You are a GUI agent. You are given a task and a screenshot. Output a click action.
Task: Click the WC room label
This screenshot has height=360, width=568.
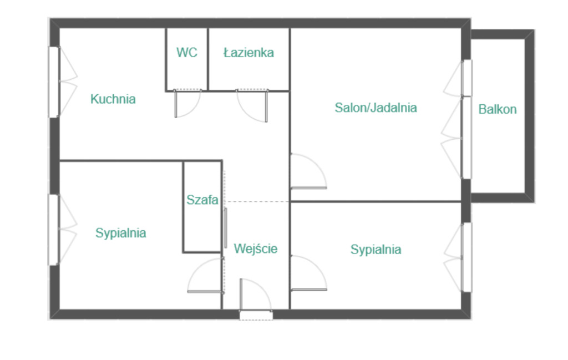187,53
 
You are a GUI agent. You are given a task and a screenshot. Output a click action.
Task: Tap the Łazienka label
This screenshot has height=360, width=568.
248,53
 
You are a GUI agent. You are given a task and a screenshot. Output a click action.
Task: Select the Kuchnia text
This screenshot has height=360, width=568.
113,99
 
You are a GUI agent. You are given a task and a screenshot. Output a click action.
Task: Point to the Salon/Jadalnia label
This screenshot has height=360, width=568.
376,108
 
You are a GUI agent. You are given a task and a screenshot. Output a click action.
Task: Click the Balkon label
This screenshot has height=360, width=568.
498,109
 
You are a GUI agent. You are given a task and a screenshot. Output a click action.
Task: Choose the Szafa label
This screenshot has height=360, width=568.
202,200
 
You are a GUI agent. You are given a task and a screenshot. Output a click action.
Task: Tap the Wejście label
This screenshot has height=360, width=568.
255,249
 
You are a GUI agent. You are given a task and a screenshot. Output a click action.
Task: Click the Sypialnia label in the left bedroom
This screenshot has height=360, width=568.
120,233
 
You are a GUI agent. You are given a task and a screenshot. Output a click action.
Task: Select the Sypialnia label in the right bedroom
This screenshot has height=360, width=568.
376,250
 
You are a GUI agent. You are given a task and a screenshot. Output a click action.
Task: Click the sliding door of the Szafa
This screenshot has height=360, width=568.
225,228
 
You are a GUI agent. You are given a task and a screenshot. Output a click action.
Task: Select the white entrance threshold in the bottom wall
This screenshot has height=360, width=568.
256,316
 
